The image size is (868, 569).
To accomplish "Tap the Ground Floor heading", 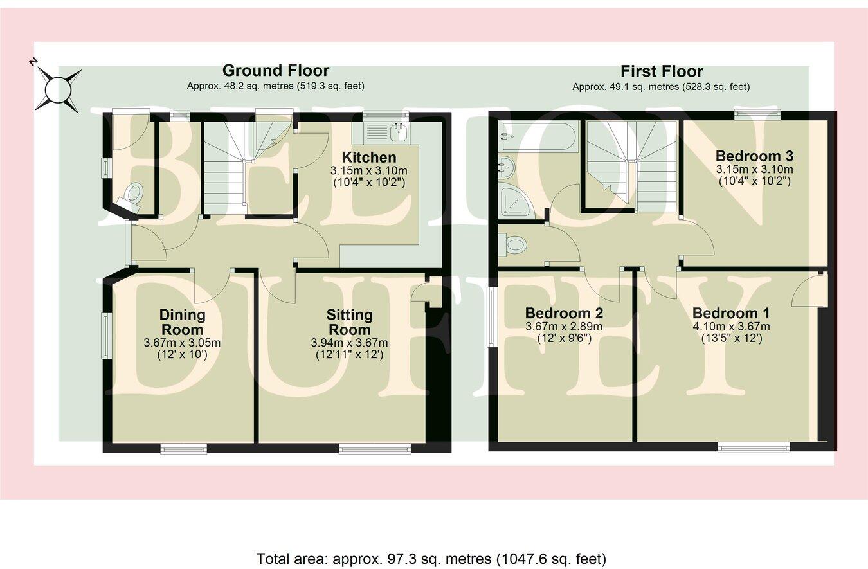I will coord(275,70).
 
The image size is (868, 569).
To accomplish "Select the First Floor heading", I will coord(661,71).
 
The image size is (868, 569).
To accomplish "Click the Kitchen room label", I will coord(368,158).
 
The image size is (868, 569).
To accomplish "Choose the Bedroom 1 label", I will coord(730,313).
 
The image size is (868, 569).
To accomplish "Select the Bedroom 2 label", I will coord(563,313).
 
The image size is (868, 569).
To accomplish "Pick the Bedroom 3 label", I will coord(754,156).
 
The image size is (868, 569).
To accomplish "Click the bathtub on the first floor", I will coord(540,136).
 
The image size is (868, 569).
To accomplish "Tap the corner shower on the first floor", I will coord(516,200).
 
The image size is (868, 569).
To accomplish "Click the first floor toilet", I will coord(514,244).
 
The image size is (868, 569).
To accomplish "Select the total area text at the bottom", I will coord(431,558).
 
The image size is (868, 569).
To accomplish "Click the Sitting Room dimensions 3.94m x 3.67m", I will coord(349,342).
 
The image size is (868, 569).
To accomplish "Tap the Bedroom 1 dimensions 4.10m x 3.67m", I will coord(730,327).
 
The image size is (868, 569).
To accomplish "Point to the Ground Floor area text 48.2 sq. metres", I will coord(275,86).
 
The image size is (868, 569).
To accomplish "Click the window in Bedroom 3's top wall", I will coord(756,115).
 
